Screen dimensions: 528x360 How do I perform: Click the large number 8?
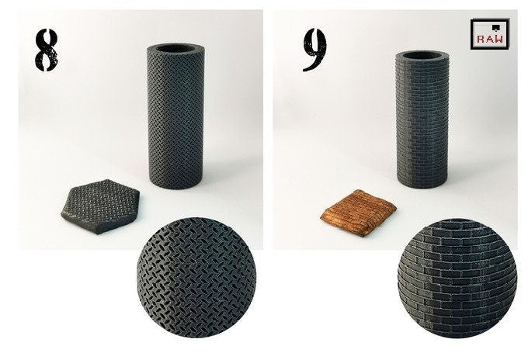pos(46,50)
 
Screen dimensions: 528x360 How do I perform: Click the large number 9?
pos(314,49)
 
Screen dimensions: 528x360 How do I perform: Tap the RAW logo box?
pos(490,33)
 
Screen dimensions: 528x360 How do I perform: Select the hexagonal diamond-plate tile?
pos(100,206)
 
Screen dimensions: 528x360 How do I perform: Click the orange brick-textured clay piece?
pos(358,213)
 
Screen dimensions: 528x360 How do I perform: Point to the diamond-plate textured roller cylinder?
pos(175,116)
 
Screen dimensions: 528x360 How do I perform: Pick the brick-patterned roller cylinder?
pos(422,119)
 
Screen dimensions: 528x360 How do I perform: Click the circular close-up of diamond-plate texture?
pos(196,278)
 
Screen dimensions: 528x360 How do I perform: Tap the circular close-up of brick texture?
pos(457,278)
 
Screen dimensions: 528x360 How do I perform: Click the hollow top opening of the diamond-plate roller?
pos(175,48)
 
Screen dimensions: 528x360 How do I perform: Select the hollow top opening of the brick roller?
pos(422,55)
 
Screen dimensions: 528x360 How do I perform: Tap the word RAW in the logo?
pos(490,39)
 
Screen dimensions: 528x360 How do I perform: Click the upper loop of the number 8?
pos(47,38)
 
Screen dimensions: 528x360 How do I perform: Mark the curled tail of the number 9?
pos(311,65)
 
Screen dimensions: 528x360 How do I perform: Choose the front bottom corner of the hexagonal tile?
pos(98,232)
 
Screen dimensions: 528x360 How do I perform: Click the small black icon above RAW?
pos(495,27)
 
